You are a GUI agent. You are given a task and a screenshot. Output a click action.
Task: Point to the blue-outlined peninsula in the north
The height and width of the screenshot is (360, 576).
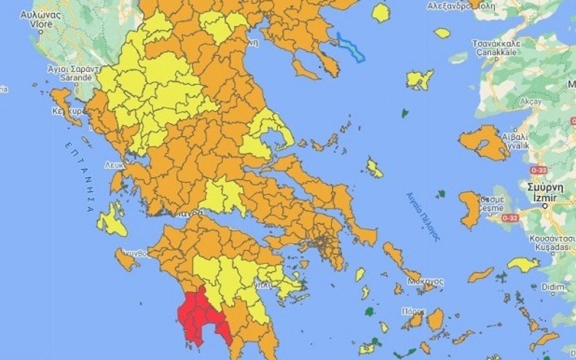(x=352, y=46)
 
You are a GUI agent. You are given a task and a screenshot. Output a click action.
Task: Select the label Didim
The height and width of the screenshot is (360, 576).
(x=554, y=287)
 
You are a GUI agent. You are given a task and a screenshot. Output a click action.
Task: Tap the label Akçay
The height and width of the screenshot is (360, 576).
(x=532, y=102)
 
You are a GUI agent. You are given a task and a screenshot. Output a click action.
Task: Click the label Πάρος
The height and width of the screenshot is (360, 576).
(x=413, y=311)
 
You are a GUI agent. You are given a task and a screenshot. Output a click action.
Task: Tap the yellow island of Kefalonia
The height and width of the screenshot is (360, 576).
(x=112, y=219)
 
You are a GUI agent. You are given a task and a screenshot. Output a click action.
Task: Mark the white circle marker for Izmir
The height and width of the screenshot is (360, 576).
(x=545, y=206)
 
